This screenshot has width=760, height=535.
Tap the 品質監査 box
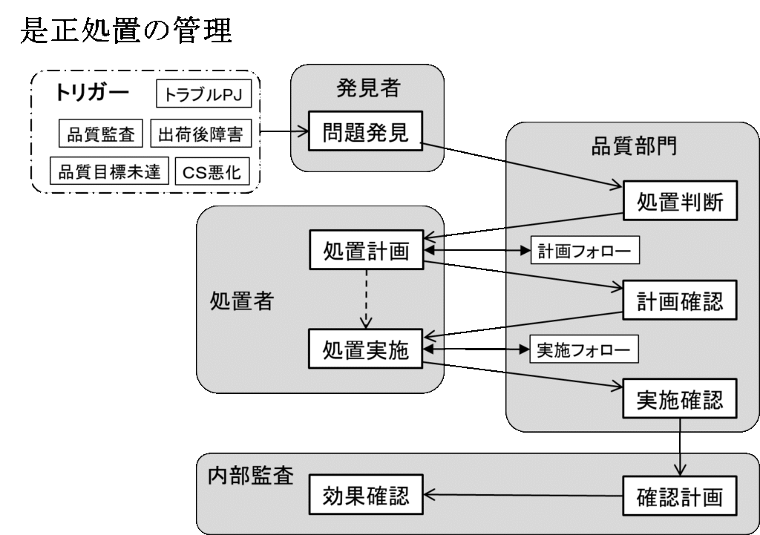click(102, 134)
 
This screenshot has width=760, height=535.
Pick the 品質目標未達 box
click(110, 171)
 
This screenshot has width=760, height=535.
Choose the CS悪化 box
click(212, 171)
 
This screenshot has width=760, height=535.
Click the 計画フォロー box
click(584, 252)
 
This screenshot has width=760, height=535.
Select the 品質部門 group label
click(633, 147)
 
